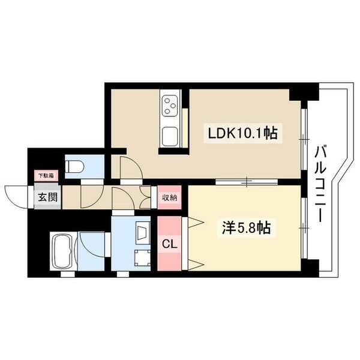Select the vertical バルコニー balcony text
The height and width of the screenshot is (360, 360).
(x=319, y=184)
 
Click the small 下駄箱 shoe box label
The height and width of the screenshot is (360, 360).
(x=46, y=176)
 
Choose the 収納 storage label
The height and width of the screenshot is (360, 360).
(x=169, y=197)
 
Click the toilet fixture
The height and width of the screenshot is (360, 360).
(x=76, y=166)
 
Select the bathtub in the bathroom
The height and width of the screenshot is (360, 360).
(x=61, y=251)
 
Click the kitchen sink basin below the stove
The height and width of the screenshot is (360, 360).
(x=170, y=135)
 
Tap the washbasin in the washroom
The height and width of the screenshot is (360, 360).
(x=143, y=231)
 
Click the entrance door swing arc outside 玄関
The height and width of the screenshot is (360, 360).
(x=17, y=195)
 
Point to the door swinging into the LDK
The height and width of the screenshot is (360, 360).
(x=129, y=168)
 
